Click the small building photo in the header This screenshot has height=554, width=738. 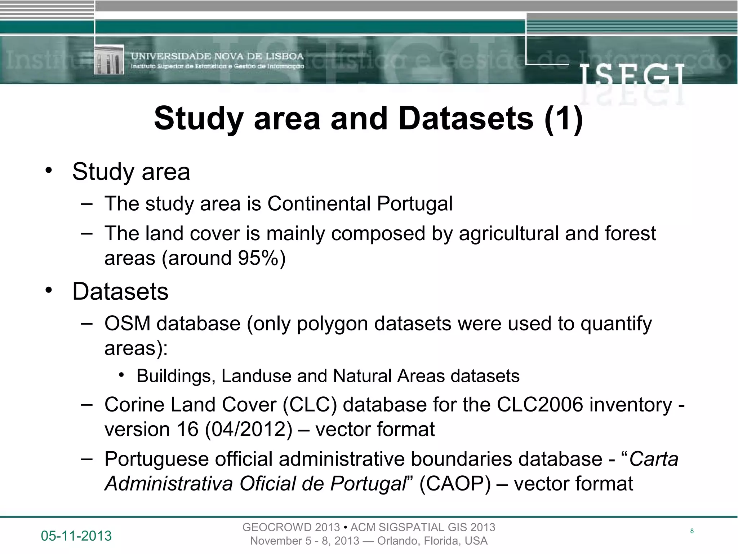(108, 60)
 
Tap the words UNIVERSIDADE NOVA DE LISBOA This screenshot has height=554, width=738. (217, 56)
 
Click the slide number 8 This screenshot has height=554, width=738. (692, 531)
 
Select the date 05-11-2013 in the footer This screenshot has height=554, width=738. (76, 536)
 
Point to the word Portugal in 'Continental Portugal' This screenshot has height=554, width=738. (415, 204)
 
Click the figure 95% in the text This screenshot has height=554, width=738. (258, 258)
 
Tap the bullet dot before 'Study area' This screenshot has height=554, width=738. (49, 170)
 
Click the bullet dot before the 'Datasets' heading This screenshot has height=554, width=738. (49, 290)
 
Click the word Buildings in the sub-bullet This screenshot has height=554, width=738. (176, 376)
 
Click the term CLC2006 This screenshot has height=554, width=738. (540, 405)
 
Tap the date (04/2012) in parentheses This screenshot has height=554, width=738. (248, 430)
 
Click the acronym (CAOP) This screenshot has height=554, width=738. (455, 484)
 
